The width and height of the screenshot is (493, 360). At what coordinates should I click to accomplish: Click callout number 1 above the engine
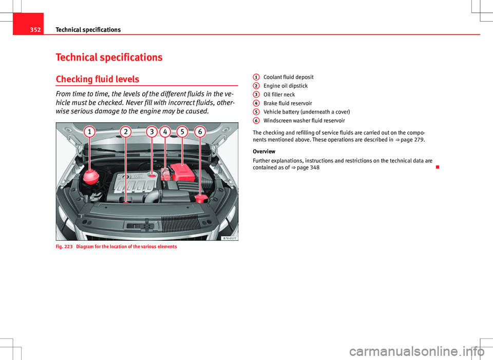point(90,132)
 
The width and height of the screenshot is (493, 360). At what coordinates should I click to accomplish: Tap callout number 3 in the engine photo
point(153,132)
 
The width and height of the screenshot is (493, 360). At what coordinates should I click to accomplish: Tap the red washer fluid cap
point(201,198)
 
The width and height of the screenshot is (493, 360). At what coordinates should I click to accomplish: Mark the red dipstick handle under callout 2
point(126,202)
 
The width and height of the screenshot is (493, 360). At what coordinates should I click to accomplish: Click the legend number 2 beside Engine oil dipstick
point(256,86)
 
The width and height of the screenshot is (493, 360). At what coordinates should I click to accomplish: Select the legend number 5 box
point(256,111)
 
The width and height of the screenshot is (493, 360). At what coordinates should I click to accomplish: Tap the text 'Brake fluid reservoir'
point(287,103)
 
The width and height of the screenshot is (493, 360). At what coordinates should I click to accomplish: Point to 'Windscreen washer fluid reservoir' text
point(304,121)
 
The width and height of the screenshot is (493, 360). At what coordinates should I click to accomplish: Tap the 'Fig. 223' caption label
point(64,247)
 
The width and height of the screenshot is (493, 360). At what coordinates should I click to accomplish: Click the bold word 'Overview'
point(264,151)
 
